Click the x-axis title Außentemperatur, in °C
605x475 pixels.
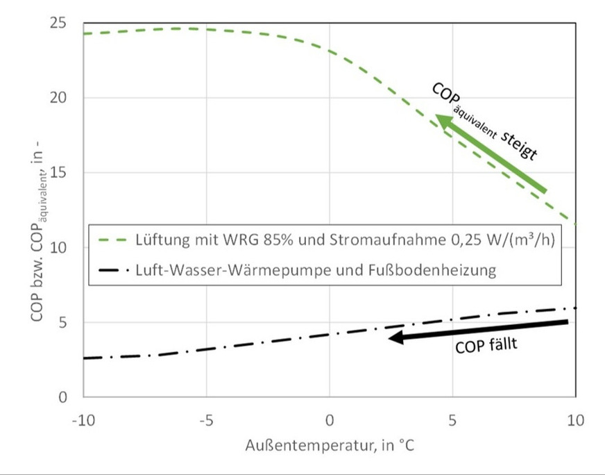tap(330, 445)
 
